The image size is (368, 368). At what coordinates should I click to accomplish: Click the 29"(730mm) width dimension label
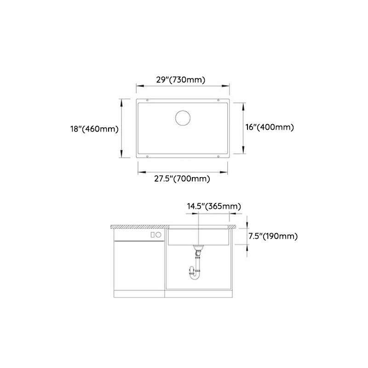180,80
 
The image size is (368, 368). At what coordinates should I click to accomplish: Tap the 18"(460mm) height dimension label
98,129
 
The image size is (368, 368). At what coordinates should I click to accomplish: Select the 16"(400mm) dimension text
270,127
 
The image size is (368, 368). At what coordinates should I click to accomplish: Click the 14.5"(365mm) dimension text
213,206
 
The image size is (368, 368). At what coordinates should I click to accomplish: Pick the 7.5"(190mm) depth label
273,236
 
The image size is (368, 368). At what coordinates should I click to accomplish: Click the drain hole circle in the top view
183,117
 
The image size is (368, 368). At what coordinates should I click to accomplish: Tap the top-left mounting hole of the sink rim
147,100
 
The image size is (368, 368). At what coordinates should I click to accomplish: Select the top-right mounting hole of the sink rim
218,100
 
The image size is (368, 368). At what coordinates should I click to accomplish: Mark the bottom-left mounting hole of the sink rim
147,156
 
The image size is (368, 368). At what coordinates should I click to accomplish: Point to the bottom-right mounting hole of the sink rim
218,156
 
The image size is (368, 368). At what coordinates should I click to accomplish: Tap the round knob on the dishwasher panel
158,235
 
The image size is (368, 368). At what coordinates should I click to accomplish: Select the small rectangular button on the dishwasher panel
152,235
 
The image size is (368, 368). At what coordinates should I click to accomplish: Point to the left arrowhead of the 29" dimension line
137,86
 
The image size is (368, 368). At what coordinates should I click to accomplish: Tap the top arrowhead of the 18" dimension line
121,101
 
